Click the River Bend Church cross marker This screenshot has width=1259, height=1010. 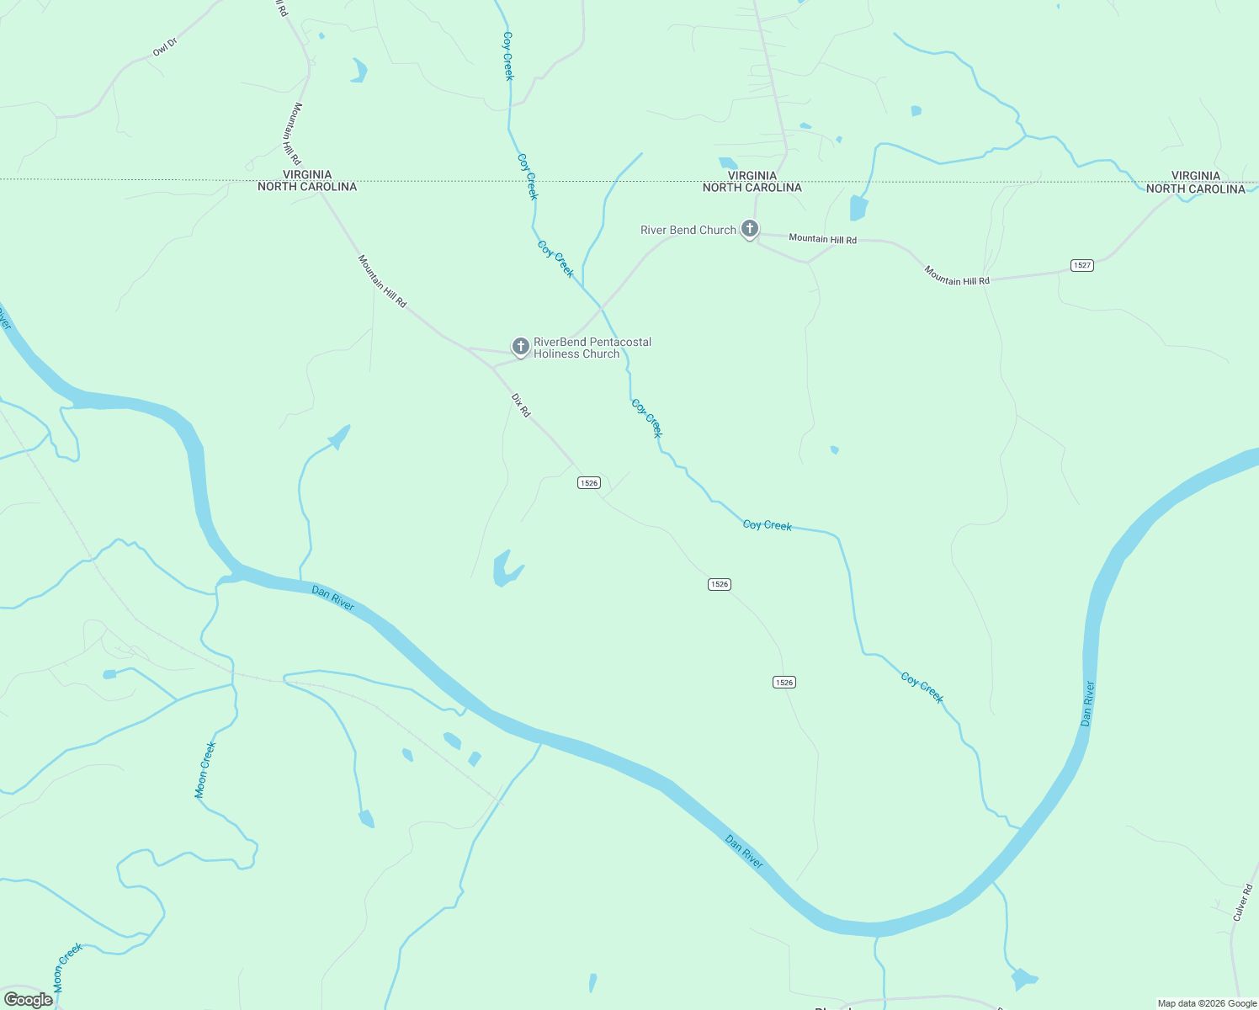749,228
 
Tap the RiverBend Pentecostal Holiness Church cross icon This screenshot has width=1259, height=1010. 521,346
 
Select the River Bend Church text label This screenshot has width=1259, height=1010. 688,230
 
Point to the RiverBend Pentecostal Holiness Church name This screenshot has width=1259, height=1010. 592,348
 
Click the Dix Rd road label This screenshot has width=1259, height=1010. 522,405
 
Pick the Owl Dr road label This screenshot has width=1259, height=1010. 165,47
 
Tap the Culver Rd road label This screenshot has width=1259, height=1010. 1242,901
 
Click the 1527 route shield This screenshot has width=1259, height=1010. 1082,265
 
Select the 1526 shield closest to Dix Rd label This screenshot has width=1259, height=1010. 588,483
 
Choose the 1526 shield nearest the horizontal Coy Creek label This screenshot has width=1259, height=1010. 719,584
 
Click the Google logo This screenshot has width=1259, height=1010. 28,1000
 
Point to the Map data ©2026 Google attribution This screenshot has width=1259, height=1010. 1207,1003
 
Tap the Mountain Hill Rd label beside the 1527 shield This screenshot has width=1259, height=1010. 957,275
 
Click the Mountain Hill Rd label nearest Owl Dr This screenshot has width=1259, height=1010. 291,133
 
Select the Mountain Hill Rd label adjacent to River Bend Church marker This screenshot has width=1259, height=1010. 822,239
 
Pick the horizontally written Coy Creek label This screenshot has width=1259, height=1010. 767,525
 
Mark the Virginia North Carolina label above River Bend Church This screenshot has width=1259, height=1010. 752,182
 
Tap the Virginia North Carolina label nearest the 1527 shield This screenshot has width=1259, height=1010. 1195,183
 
